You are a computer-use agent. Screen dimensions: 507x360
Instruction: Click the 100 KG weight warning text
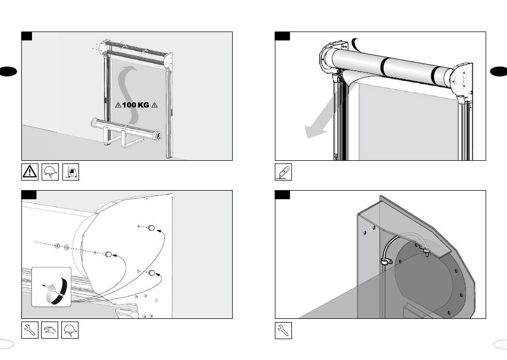pos(136,105)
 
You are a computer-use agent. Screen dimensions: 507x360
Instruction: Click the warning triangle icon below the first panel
pos(30,171)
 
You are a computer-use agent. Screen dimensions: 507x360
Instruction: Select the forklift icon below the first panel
pos(70,171)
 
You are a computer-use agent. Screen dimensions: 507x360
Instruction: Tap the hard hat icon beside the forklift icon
pos(50,171)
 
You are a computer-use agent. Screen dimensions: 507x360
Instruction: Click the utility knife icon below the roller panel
pos(283,171)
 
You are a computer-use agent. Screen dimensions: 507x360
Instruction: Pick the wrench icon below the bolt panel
pos(30,330)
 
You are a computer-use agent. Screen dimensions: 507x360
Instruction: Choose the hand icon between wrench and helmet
pos(50,330)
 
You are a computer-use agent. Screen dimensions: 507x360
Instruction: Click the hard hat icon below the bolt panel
pos(70,330)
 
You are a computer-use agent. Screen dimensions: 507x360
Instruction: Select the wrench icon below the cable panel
pos(283,330)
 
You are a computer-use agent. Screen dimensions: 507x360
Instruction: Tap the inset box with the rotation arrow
pos(51,287)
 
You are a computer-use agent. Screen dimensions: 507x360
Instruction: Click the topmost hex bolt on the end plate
pos(151,228)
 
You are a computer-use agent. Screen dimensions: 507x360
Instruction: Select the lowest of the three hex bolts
pos(152,272)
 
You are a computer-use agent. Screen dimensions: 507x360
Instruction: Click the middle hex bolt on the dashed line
pos(108,254)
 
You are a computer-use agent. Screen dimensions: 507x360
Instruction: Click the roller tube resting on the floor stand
pos(126,129)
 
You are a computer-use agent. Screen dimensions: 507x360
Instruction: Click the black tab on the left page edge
pos(8,71)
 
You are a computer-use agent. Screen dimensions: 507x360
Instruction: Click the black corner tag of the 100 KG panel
pos(27,36)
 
